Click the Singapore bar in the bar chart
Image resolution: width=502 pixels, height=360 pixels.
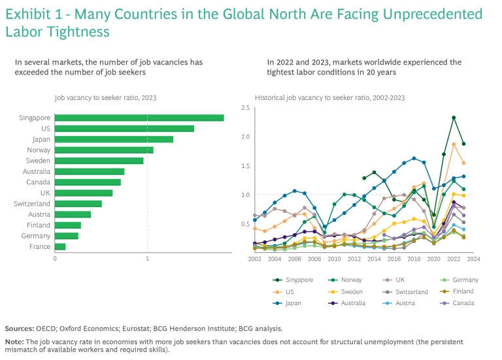point(139,118)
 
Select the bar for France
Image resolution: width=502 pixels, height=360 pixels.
point(60,246)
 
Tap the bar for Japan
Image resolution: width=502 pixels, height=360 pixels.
point(114,139)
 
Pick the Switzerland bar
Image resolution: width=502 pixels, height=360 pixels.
point(78,204)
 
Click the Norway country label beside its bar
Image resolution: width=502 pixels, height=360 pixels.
point(39,150)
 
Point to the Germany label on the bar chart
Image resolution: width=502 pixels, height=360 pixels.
point(37,236)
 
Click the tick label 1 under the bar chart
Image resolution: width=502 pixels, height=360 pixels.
point(148,259)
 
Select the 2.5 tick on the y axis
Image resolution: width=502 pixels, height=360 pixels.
point(245,108)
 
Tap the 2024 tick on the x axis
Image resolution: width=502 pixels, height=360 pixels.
point(474,259)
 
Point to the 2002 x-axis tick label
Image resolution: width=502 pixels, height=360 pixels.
point(254,259)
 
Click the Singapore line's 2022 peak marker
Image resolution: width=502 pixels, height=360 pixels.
point(454,118)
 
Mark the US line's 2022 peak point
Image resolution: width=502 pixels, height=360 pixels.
point(454,144)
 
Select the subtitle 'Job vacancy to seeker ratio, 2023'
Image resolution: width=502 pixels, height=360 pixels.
point(105,97)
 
